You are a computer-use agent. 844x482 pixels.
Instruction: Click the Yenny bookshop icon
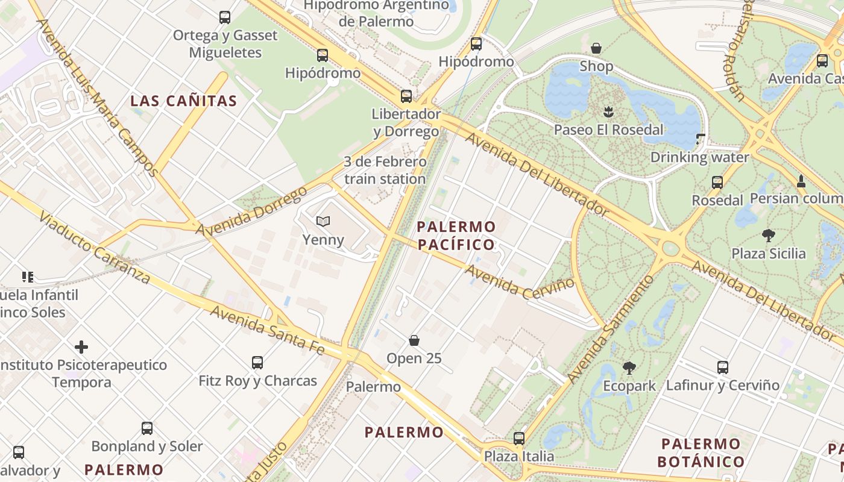pos(323,222)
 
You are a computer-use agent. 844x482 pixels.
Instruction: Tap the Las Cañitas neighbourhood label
pos(184,101)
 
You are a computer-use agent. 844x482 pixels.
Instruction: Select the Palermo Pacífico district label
pos(456,236)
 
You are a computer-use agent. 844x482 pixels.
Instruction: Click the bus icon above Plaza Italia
pos(519,439)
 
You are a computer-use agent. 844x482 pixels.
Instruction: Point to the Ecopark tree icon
pos(629,368)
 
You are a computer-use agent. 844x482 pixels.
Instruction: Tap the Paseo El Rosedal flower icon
pos(608,111)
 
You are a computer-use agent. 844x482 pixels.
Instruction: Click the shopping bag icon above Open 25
pos(414,340)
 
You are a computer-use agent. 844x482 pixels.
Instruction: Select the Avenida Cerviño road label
pos(520,281)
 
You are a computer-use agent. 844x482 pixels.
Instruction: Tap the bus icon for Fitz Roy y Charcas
pos(257,363)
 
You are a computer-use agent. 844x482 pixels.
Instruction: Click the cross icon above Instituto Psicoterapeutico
pos(81,347)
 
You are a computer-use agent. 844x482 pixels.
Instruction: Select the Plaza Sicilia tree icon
pos(768,235)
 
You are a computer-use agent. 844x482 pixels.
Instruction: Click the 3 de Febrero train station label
pos(385,171)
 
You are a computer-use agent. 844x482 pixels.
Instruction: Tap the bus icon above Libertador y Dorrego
pos(406,96)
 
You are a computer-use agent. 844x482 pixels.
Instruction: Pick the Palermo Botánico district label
pos(701,453)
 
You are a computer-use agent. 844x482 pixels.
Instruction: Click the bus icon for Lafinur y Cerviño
pos(722,367)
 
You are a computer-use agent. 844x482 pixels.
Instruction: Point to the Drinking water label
pos(699,157)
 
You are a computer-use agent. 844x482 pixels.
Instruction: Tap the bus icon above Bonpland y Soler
pos(147,428)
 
